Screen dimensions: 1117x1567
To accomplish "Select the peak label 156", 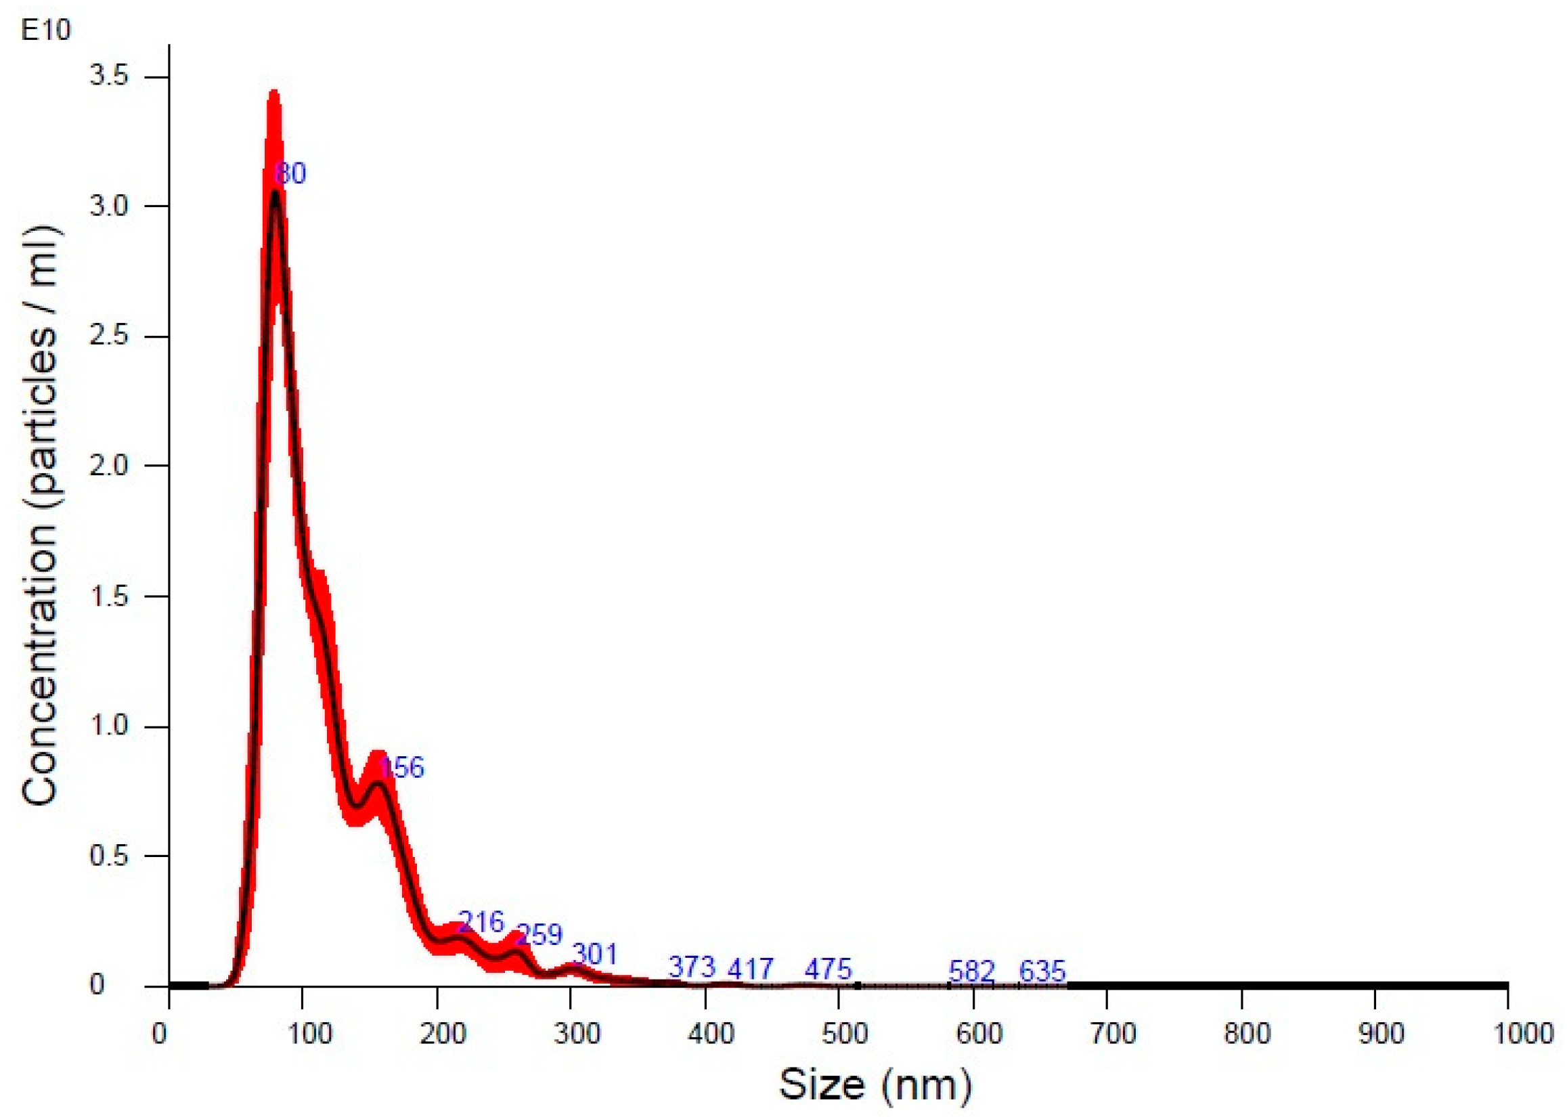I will pyautogui.click(x=402, y=767).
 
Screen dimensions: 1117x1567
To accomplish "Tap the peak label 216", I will pyautogui.click(x=481, y=921).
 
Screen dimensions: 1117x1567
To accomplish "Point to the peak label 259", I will pyautogui.click(x=539, y=935).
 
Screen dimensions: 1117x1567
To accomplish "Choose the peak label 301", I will pyautogui.click(x=595, y=955).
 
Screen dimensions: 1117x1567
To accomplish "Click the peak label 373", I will pyautogui.click(x=692, y=967).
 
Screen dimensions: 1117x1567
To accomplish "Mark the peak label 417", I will pyautogui.click(x=751, y=969).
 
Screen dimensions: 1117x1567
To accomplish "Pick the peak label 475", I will pyautogui.click(x=829, y=969).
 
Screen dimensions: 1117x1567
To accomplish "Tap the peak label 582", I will pyautogui.click(x=972, y=972).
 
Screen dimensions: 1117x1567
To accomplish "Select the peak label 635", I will pyautogui.click(x=1042, y=972).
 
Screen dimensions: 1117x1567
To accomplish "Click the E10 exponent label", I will pyautogui.click(x=45, y=31).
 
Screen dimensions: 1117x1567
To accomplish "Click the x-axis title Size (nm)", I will pyautogui.click(x=875, y=1085).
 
